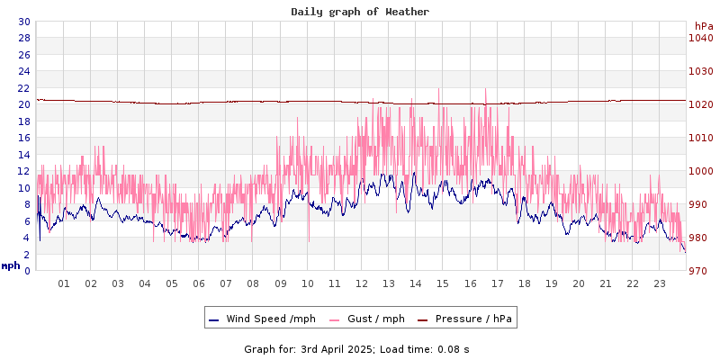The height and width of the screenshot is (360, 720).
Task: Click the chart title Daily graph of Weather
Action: [360, 12]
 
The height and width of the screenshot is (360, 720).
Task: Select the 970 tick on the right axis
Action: [703, 271]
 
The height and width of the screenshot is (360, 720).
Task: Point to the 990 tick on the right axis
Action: [703, 204]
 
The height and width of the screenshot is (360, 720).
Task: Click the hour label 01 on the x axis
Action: [64, 283]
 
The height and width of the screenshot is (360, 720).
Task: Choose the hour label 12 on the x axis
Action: [362, 283]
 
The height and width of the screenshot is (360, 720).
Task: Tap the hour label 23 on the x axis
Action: [660, 283]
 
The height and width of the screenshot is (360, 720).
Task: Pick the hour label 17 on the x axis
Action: [497, 283]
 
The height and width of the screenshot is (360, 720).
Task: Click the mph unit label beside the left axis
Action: [11, 265]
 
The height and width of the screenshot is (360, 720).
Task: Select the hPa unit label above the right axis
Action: [703, 26]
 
